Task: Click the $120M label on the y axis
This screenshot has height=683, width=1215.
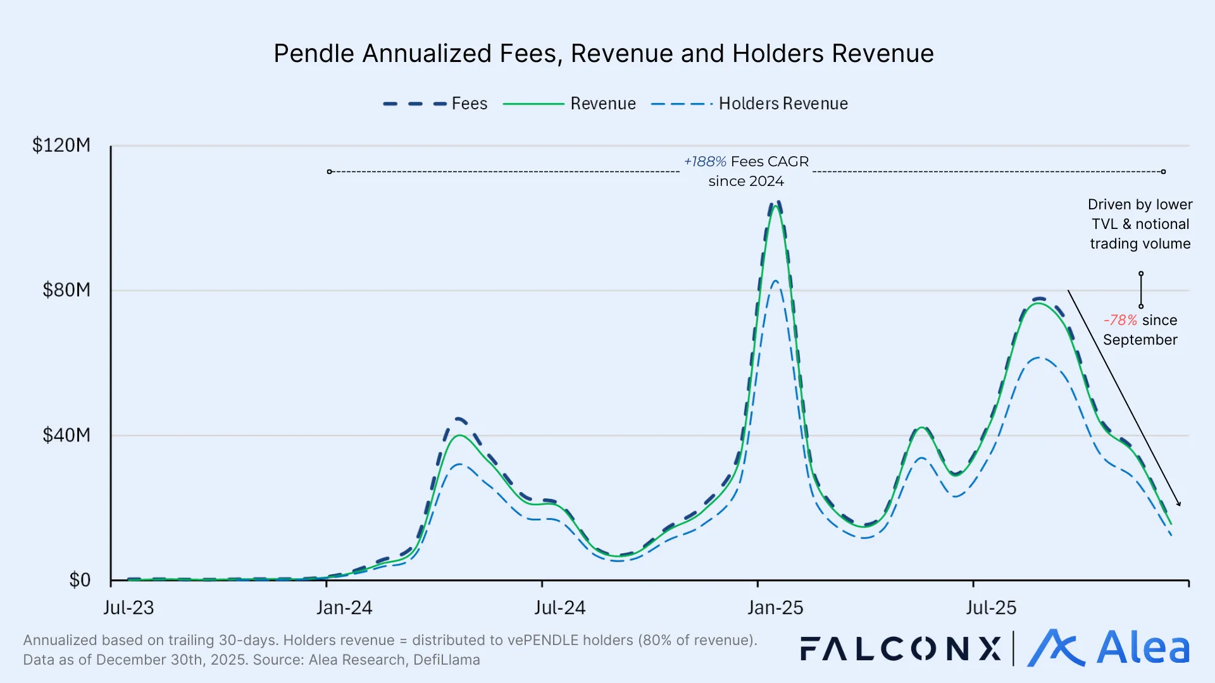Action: (x=61, y=145)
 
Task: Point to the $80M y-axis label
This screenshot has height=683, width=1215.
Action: (x=66, y=290)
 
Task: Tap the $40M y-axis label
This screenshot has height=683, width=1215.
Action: (x=66, y=435)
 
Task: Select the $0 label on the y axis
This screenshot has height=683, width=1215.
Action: (x=80, y=580)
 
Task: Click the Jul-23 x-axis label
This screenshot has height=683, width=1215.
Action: (x=128, y=608)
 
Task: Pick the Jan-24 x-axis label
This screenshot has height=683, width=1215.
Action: (x=344, y=608)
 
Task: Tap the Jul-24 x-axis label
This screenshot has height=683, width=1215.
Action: (x=559, y=608)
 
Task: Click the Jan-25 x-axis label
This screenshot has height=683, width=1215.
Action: (x=775, y=608)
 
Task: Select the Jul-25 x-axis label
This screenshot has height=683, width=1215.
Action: (x=991, y=608)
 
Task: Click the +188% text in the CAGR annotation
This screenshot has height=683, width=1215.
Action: (x=705, y=162)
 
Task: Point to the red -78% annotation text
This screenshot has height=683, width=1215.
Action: (x=1120, y=321)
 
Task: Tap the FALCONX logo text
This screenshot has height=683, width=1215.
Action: (x=900, y=649)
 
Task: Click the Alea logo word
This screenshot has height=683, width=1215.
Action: (x=1143, y=648)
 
